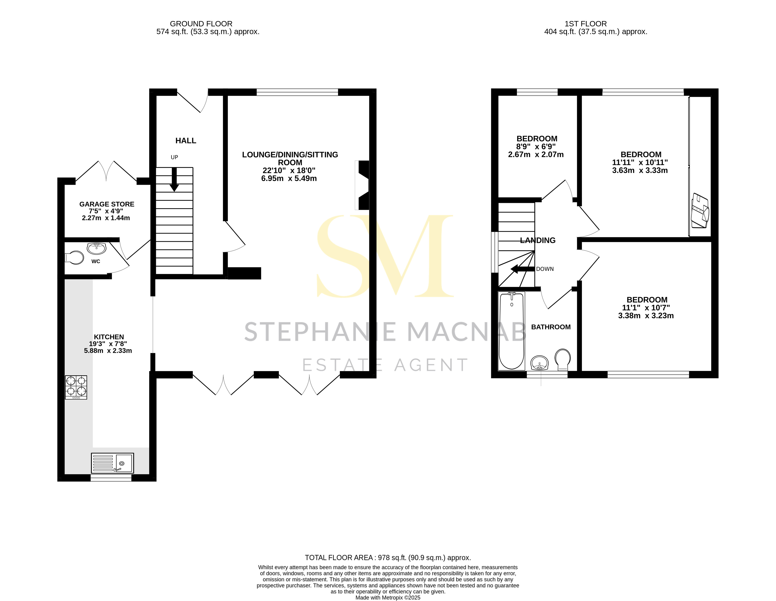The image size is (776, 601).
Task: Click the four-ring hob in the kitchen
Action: coord(76,387)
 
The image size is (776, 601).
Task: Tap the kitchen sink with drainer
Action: coord(112,463)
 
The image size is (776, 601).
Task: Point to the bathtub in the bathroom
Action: coord(512,331)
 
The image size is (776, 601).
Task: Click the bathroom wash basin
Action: coord(540,363)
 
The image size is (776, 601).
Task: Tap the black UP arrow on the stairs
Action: coord(174,180)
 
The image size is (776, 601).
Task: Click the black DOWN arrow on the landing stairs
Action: coord(522,269)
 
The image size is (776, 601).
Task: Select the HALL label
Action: coord(185,141)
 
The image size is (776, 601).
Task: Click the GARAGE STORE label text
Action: coord(107,204)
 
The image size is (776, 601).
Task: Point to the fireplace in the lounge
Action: coord(362,185)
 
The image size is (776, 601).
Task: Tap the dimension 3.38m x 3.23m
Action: coord(646,316)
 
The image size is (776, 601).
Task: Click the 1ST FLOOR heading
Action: coord(585,24)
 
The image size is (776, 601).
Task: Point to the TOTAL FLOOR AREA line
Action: coord(388,558)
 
